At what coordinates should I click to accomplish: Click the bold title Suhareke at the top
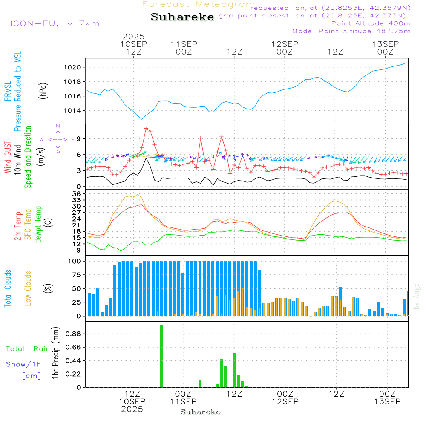[x=182, y=17]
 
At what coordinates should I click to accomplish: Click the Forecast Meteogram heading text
[x=199, y=5]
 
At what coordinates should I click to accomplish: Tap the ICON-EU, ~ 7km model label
[x=55, y=23]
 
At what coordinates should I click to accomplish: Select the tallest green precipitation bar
[x=162, y=356]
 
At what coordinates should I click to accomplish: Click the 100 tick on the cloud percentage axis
[x=75, y=261]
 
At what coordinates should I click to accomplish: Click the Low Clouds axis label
[x=28, y=288]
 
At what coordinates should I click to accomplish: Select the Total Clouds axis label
[x=8, y=288]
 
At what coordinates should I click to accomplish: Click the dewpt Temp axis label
[x=38, y=225]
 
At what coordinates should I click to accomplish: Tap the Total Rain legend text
[x=28, y=349]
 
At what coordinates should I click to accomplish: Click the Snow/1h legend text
[x=24, y=364]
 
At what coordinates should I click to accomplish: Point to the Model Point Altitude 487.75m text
[x=351, y=31]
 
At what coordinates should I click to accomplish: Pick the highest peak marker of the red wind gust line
[x=146, y=128]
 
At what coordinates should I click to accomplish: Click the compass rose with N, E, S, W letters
[x=58, y=139]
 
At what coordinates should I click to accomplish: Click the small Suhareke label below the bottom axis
[x=200, y=412]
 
